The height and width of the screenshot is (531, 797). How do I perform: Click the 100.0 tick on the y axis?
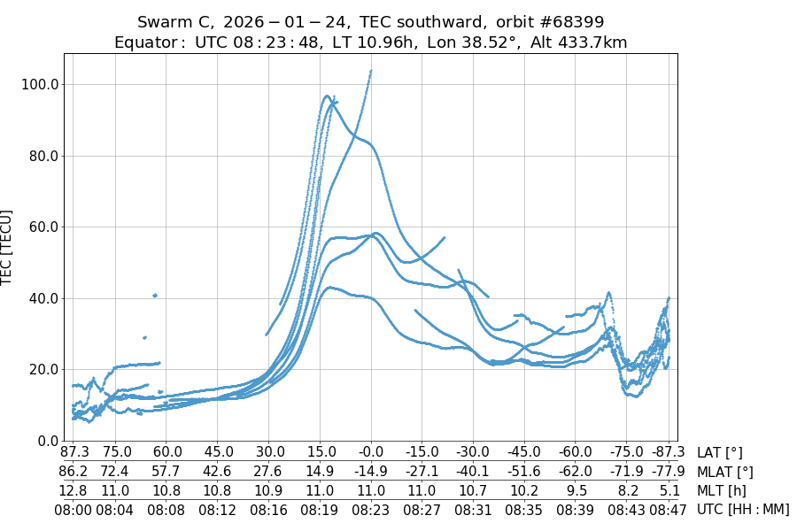click(x=42, y=84)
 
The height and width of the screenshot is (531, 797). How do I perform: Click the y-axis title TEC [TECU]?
click(x=8, y=247)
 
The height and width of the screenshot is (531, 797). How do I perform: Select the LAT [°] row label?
click(x=720, y=452)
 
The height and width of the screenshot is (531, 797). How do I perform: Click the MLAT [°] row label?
click(x=725, y=472)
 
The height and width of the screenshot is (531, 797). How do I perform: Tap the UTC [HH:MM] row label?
click(x=742, y=509)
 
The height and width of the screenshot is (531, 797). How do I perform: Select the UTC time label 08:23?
click(x=371, y=509)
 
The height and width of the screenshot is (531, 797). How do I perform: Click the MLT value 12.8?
click(x=74, y=490)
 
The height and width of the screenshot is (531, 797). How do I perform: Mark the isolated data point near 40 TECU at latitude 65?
click(x=154, y=296)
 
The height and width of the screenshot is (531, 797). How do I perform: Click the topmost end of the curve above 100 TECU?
click(x=371, y=71)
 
